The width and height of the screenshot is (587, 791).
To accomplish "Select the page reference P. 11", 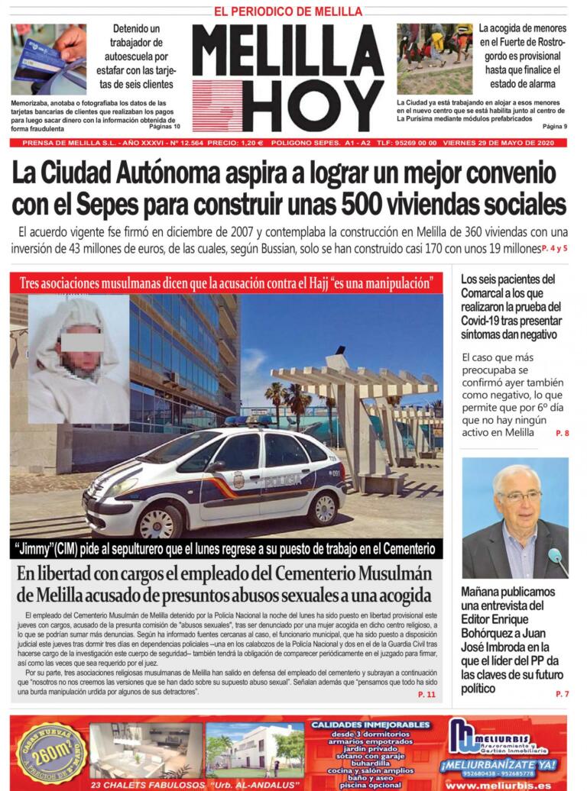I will [x=426, y=694].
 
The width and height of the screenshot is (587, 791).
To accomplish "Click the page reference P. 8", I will [x=562, y=433].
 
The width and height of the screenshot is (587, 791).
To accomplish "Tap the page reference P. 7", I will [x=562, y=693].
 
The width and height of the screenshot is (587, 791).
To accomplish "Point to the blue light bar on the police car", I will [x=246, y=420].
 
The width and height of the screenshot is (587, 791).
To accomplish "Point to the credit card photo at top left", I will [x=47, y=59].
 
